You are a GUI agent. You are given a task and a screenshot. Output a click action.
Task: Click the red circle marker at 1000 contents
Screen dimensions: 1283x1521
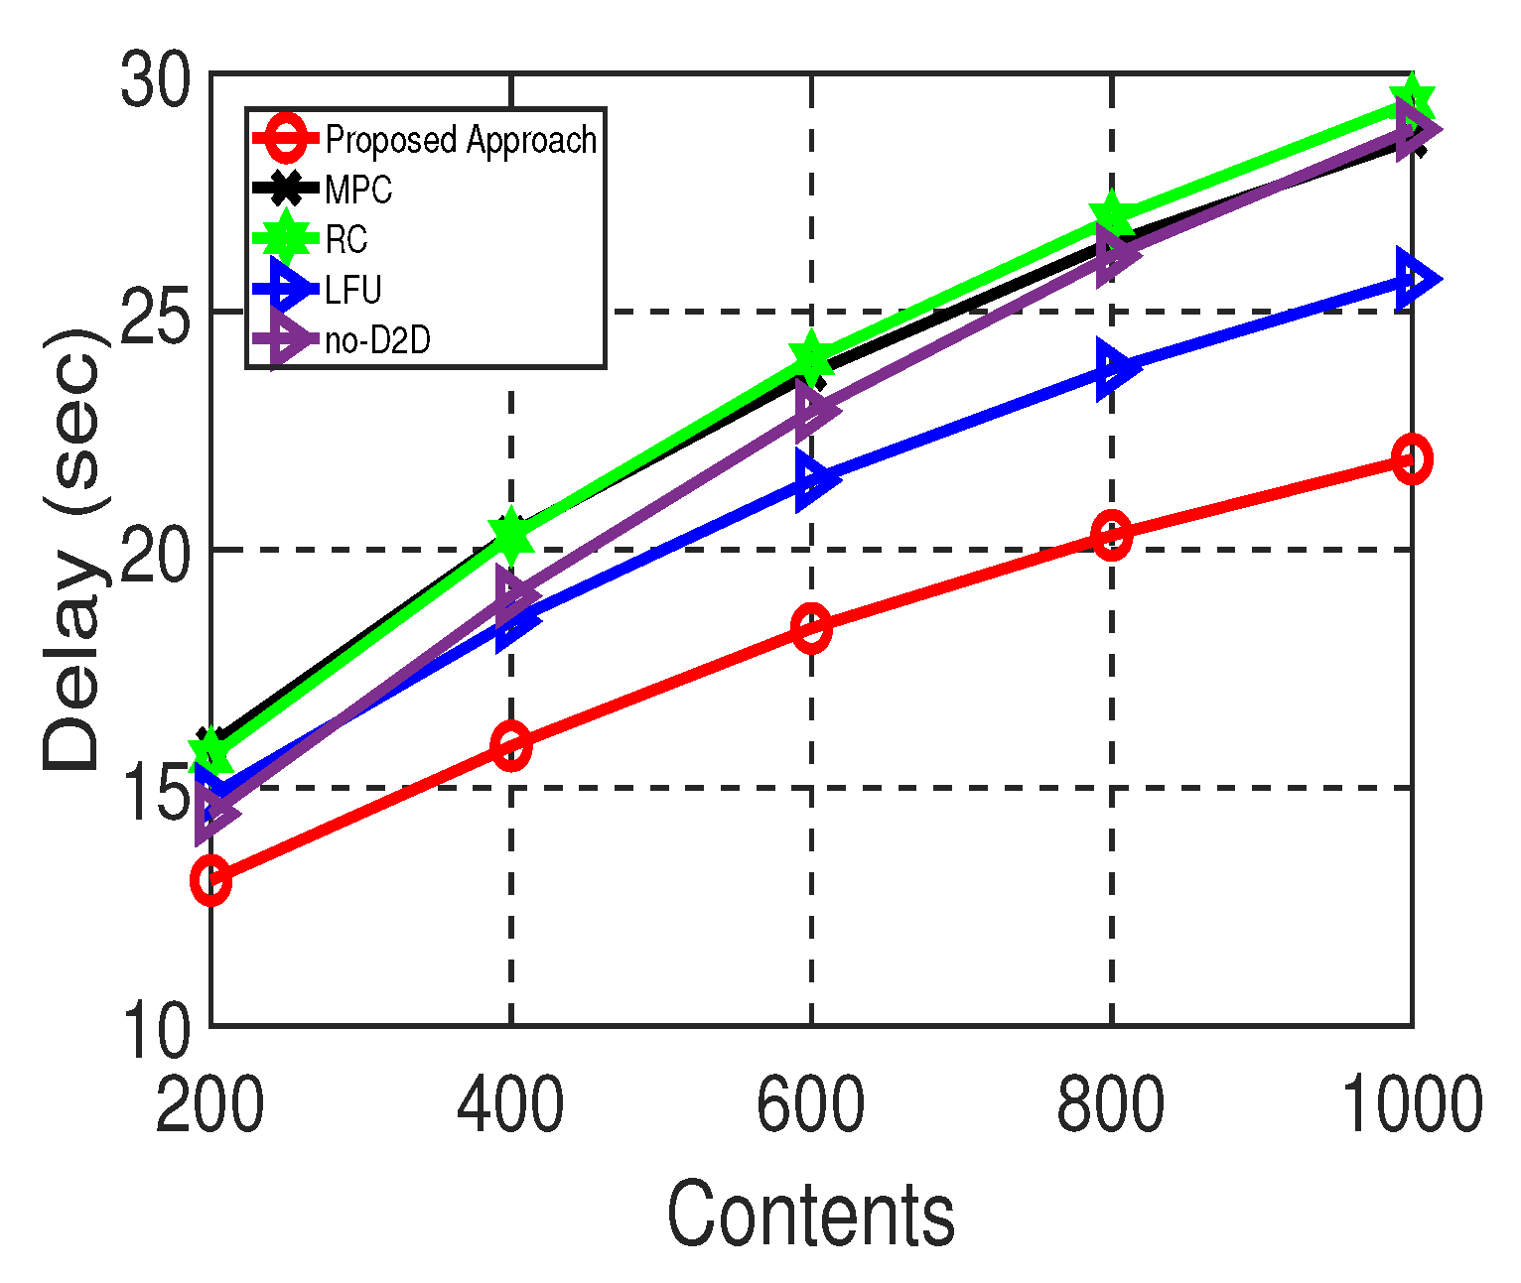coord(1411,458)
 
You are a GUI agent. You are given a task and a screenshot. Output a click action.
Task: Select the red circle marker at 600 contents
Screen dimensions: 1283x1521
coord(811,627)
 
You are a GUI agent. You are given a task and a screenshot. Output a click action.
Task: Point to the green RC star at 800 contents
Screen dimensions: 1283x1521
coord(1111,215)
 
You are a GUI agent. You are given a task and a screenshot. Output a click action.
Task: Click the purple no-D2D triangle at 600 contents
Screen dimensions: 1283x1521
coord(816,409)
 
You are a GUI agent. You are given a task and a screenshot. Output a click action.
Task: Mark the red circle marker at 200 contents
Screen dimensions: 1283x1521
coord(211,880)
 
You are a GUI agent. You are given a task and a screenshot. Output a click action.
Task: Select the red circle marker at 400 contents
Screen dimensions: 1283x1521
coord(511,745)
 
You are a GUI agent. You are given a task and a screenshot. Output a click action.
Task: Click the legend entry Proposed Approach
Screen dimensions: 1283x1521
coord(461,140)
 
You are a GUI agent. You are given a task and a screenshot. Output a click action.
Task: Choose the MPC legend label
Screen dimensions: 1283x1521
coord(358,190)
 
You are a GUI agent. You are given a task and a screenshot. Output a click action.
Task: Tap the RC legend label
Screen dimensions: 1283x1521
coord(346,239)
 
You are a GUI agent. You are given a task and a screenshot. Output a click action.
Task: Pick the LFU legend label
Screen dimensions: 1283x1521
coord(353,290)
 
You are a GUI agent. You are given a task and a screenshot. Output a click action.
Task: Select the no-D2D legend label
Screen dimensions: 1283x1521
coord(377,340)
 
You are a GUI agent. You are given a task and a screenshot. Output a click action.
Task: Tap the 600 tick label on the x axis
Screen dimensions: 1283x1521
coord(810,1105)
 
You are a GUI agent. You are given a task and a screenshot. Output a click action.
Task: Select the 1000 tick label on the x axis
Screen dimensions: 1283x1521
coord(1412,1105)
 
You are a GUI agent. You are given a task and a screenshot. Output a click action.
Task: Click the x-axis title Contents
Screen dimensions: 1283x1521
coord(810,1215)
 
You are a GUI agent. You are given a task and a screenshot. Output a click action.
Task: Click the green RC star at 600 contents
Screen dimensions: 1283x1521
coord(811,357)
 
